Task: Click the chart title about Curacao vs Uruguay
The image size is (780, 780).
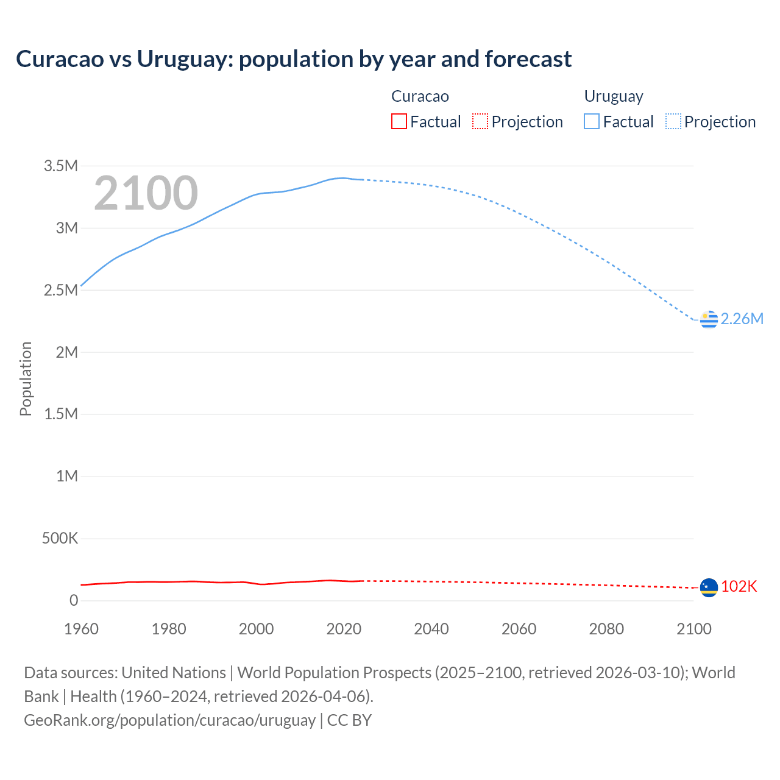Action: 294,59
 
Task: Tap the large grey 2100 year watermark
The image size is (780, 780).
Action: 146,193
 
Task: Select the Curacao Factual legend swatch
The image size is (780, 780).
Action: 399,122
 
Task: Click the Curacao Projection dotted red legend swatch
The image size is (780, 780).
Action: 480,122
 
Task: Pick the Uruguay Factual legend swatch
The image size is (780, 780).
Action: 591,122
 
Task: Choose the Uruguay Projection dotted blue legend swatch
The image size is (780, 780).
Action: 673,122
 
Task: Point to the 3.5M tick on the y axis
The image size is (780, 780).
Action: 61,166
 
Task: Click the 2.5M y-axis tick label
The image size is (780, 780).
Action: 61,291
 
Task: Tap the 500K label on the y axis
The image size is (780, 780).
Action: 60,539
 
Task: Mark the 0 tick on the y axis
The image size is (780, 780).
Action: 74,601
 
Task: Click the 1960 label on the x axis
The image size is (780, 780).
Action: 81,629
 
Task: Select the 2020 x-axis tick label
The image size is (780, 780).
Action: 344,629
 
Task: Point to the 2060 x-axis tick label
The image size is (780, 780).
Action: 519,629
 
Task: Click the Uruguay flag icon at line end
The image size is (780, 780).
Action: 709,319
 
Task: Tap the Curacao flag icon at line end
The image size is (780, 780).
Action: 709,587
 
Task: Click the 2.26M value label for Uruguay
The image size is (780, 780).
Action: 742,319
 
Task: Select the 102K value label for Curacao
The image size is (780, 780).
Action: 739,587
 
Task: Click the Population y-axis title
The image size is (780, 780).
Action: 26,378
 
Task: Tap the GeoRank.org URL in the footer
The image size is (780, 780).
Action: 169,720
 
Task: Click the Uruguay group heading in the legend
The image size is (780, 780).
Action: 614,97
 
